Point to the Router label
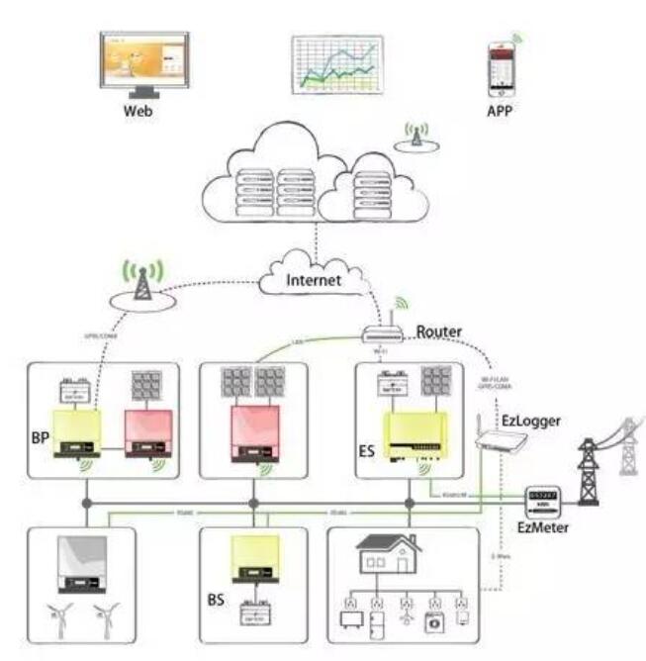[x=440, y=330]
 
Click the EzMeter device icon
[x=543, y=499]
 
